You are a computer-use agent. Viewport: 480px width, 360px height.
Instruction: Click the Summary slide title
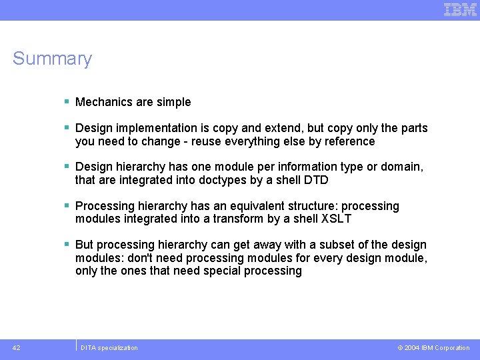click(x=52, y=59)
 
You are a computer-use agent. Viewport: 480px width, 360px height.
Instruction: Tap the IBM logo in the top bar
click(x=460, y=9)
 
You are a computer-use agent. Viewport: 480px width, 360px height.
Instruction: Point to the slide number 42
click(x=16, y=347)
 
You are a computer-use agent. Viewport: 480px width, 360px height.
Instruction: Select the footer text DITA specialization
click(x=109, y=347)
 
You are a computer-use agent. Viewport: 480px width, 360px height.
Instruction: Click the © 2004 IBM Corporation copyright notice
click(x=433, y=347)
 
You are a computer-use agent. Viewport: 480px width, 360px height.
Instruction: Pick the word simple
click(x=173, y=102)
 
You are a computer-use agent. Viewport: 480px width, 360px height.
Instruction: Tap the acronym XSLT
click(x=337, y=219)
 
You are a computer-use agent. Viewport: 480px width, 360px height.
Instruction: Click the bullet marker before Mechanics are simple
click(x=67, y=102)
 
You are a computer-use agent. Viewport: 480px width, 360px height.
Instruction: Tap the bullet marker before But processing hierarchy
click(x=67, y=245)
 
